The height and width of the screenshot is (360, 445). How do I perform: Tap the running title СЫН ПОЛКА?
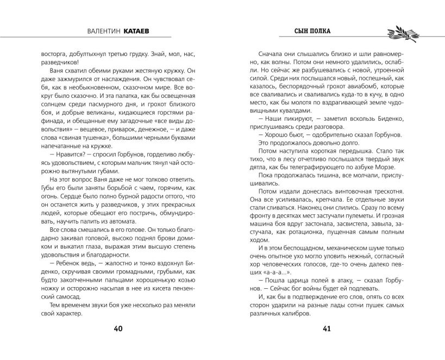coord(312,31)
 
